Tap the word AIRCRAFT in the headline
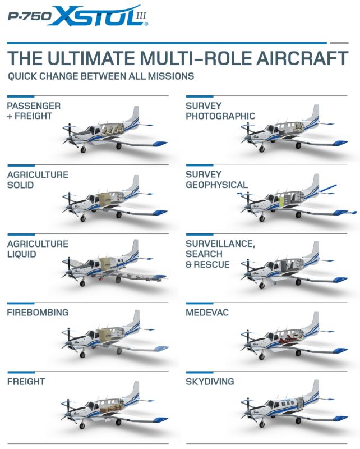[302, 58]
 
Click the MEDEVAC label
[207, 313]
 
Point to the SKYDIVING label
[210, 382]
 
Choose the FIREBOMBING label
[38, 313]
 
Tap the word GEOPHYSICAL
[216, 185]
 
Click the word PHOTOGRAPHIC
[220, 116]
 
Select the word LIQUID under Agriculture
[22, 254]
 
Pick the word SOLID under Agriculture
[20, 185]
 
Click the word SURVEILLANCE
[220, 244]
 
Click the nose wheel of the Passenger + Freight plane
[83, 149]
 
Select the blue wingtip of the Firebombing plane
[161, 349]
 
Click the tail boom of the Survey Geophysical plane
[327, 189]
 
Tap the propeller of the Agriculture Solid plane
[68, 205]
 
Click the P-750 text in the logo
[30, 16]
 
